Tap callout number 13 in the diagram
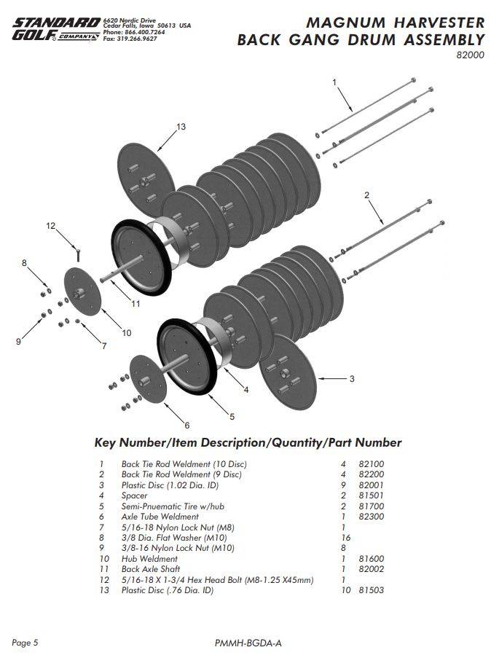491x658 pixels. click(181, 127)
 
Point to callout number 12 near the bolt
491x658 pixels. click(51, 226)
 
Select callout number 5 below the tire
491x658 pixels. click(232, 417)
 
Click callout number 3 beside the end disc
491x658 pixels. click(352, 378)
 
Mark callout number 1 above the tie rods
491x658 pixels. click(334, 82)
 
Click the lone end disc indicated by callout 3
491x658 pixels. click(284, 372)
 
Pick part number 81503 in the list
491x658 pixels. click(372, 590)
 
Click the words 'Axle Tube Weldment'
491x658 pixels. click(160, 517)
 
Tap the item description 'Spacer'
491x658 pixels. click(135, 496)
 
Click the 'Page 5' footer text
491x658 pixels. click(25, 642)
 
